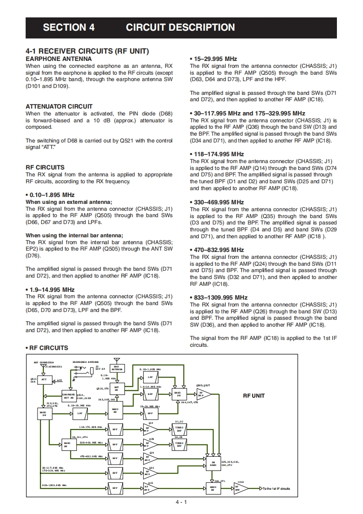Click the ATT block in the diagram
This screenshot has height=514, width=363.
tap(44, 380)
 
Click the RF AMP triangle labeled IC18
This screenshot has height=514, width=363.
tap(240, 488)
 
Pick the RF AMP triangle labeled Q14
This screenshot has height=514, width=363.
tap(150, 429)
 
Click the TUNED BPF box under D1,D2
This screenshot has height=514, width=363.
tap(179, 429)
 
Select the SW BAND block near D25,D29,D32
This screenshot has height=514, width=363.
tap(213, 463)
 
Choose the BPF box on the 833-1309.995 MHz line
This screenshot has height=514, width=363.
tap(115, 488)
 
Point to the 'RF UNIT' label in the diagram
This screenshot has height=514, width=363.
tap(254, 396)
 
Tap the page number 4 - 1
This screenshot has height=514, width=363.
tap(181, 502)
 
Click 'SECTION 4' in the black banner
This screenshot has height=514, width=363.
tap(69, 27)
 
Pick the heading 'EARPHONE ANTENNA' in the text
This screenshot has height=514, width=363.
tap(59, 59)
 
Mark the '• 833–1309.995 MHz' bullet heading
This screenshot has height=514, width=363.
tap(218, 297)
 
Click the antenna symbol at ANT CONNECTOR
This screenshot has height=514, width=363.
tap(43, 366)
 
